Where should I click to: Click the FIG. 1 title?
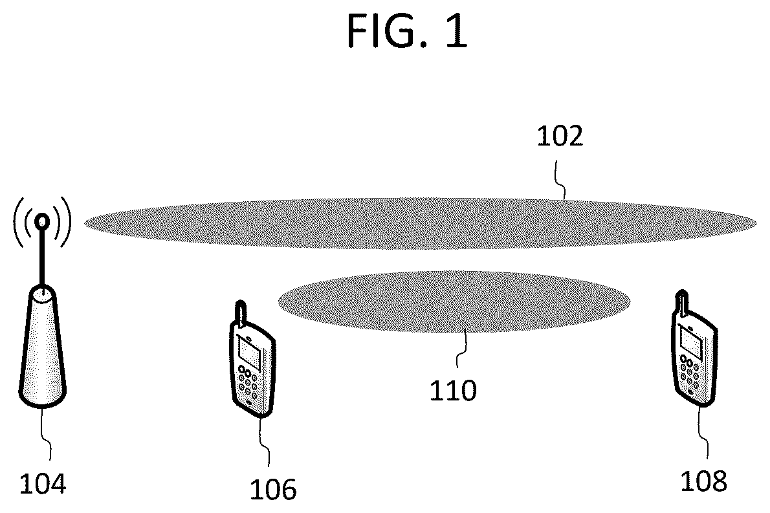[407, 31]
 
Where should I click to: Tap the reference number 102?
[560, 136]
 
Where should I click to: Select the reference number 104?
[42, 483]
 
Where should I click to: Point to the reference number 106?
[273, 490]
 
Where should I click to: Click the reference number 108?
[703, 481]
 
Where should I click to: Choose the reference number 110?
[453, 391]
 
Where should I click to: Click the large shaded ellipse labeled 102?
[421, 223]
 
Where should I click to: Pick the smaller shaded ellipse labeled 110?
[454, 301]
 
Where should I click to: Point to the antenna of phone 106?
[241, 313]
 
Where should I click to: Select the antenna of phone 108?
[682, 303]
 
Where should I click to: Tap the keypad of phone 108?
[690, 372]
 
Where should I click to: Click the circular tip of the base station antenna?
[43, 223]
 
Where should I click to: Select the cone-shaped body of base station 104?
[42, 347]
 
